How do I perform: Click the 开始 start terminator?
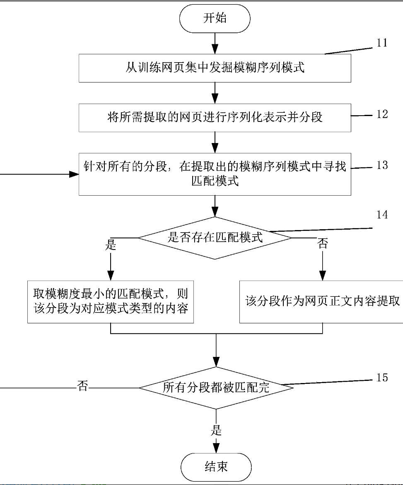tap(215, 19)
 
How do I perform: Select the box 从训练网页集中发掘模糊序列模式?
tap(215, 68)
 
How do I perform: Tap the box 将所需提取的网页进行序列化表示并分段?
tap(215, 117)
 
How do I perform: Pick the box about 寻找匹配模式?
tap(215, 174)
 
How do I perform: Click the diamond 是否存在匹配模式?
tap(215, 238)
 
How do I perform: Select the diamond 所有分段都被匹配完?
tap(216, 388)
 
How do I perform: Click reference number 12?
tap(382, 114)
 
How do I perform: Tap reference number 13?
tap(382, 165)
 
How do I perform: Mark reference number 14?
tap(382, 215)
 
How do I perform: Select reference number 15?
tap(382, 378)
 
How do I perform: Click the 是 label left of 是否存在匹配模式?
tap(111, 245)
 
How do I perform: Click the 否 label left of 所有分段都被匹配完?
tap(82, 387)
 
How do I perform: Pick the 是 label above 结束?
tap(216, 430)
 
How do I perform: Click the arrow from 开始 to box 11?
tap(215, 43)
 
